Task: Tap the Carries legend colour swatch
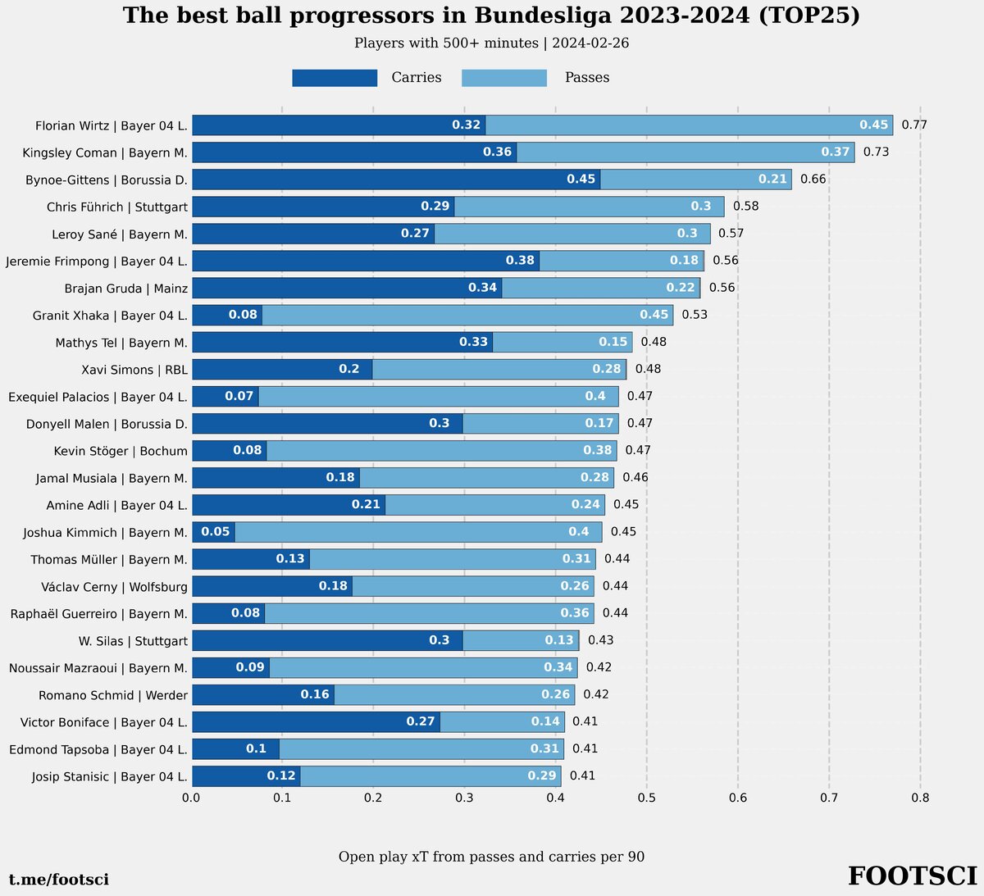tap(335, 78)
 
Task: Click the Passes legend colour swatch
tap(504, 78)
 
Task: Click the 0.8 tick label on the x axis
tap(920, 798)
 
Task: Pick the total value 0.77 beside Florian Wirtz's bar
tap(914, 125)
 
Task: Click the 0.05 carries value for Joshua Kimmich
tap(216, 532)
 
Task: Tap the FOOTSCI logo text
tap(912, 876)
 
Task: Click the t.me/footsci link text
tap(59, 880)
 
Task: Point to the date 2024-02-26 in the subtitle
tap(590, 43)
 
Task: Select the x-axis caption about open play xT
tap(491, 857)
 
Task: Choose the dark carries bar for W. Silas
tap(327, 640)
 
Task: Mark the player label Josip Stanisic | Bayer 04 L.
tap(110, 776)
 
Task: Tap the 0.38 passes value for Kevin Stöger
tap(597, 451)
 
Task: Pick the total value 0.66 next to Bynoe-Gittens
tap(813, 180)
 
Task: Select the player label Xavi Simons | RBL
tap(134, 370)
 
